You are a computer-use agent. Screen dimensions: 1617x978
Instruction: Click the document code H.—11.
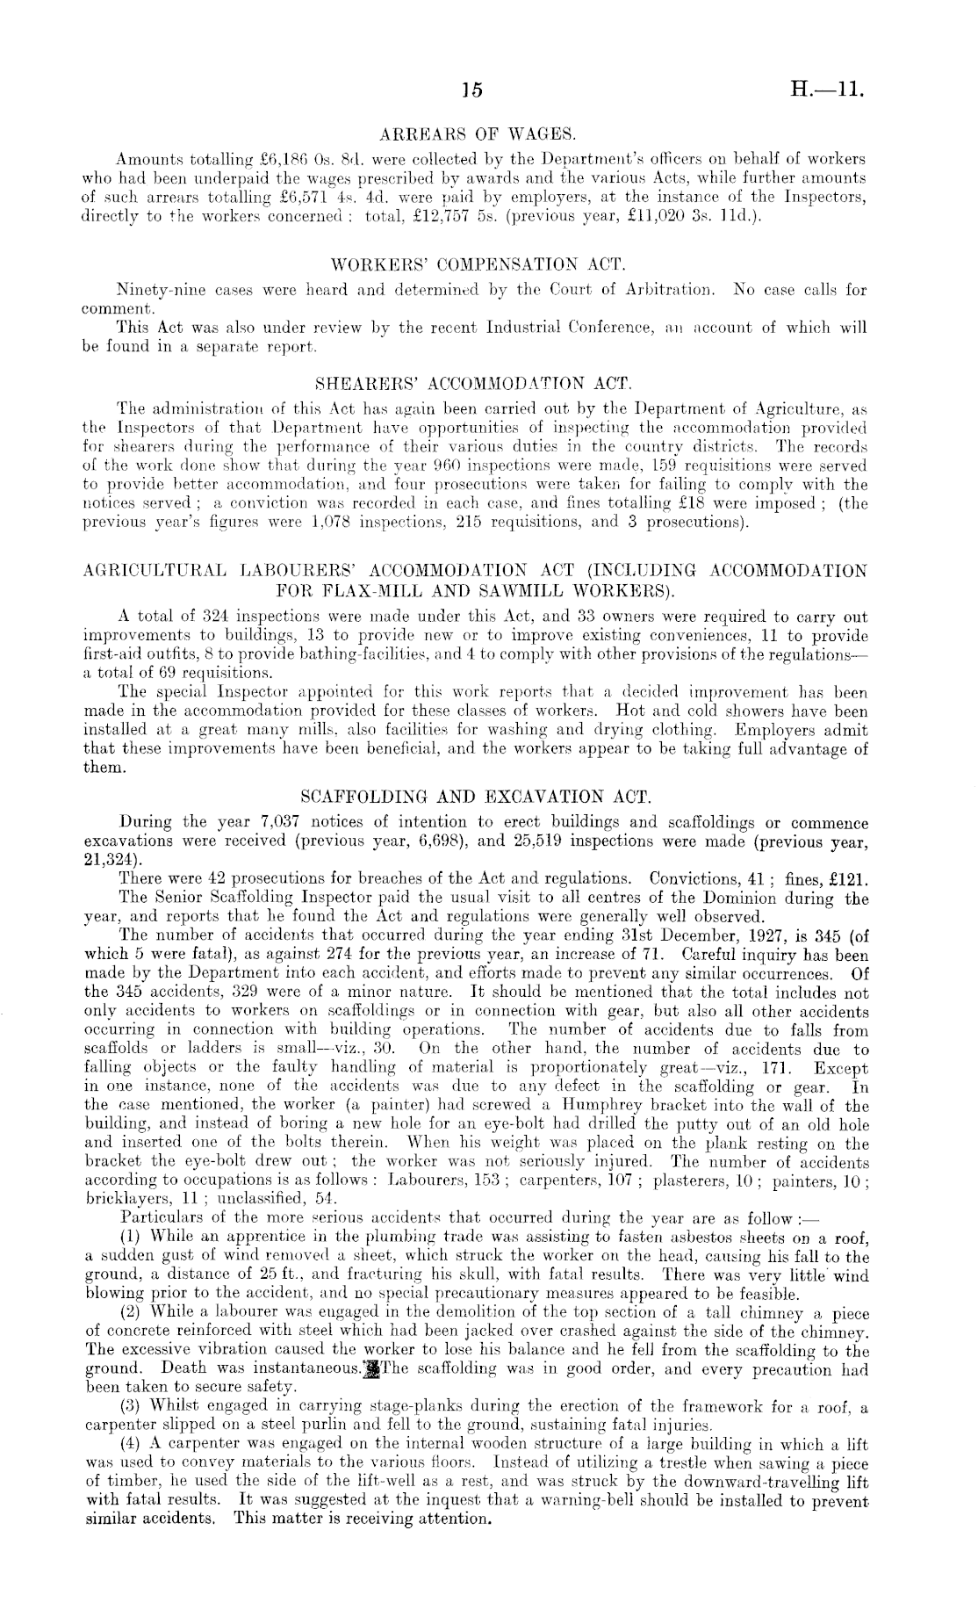pyautogui.click(x=825, y=90)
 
